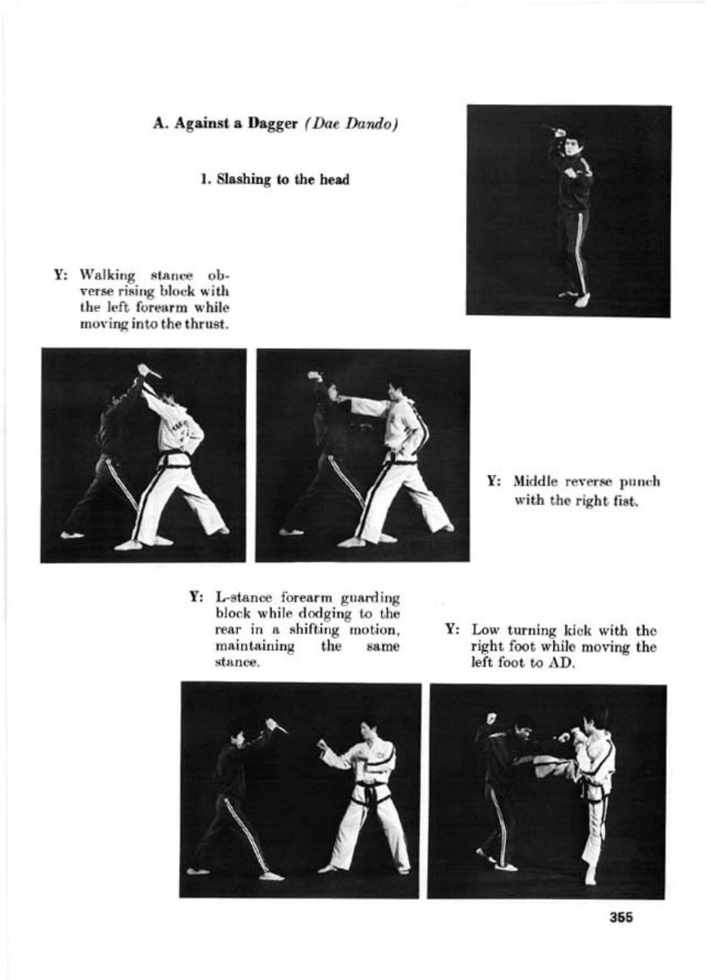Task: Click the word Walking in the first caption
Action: pyautogui.click(x=107, y=276)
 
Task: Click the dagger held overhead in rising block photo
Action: pyautogui.click(x=150, y=372)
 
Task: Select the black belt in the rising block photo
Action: pyautogui.click(x=175, y=459)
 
